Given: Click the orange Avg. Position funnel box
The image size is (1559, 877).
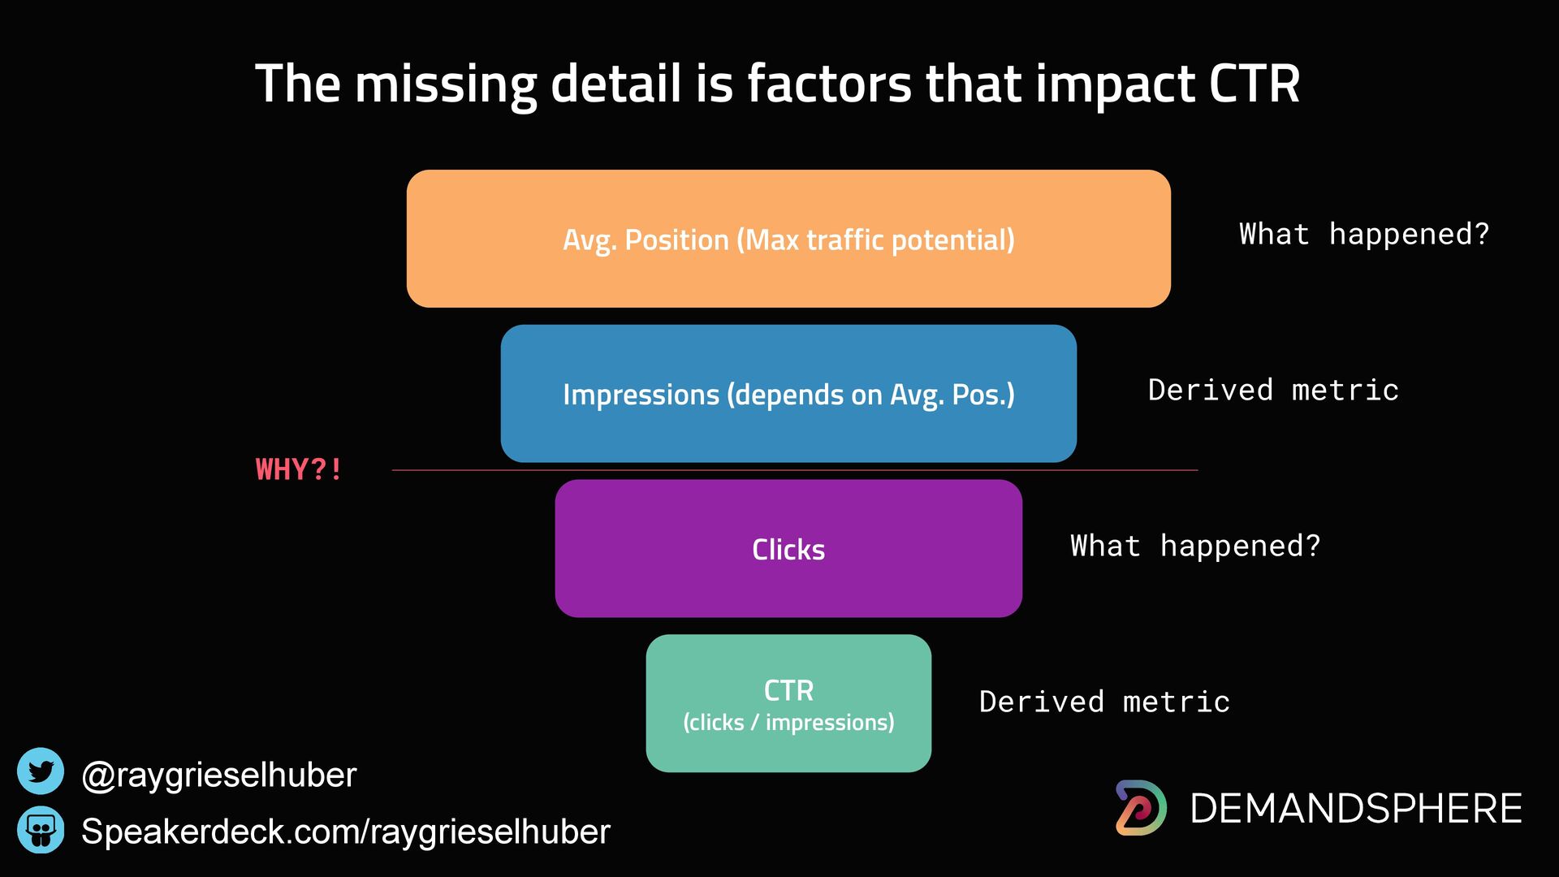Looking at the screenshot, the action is click(x=788, y=239).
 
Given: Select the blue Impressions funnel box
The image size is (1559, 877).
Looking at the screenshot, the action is click(x=788, y=394).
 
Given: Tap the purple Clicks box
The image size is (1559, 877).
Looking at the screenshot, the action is click(x=788, y=549).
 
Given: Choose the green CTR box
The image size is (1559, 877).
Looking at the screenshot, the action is click(x=788, y=703).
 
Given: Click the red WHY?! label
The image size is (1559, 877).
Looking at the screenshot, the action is click(x=299, y=469).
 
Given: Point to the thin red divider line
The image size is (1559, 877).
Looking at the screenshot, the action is click(x=795, y=470).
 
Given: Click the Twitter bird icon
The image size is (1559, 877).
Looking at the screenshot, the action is click(x=41, y=771).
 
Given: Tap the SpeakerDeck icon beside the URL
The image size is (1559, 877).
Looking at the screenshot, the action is click(x=41, y=830).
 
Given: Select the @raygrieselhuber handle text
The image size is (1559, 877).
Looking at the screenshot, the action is click(x=219, y=775).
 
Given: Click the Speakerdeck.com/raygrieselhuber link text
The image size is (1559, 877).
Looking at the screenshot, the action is click(x=346, y=832).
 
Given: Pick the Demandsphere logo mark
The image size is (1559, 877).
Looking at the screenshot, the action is click(x=1141, y=808).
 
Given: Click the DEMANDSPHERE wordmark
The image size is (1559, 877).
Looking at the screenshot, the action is click(x=1356, y=809).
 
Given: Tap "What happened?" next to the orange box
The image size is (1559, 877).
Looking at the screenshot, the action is click(x=1364, y=234).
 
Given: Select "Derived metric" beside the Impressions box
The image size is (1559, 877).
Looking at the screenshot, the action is click(x=1273, y=390).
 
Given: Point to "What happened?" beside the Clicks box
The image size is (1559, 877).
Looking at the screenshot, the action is click(x=1195, y=546).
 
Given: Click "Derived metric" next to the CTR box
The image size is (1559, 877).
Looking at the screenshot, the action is click(x=1104, y=702).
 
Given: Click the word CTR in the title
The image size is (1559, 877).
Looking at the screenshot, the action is click(x=1255, y=84).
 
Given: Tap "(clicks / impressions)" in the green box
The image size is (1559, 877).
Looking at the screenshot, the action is click(x=788, y=723).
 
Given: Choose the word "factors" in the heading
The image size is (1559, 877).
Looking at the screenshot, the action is click(x=830, y=84).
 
